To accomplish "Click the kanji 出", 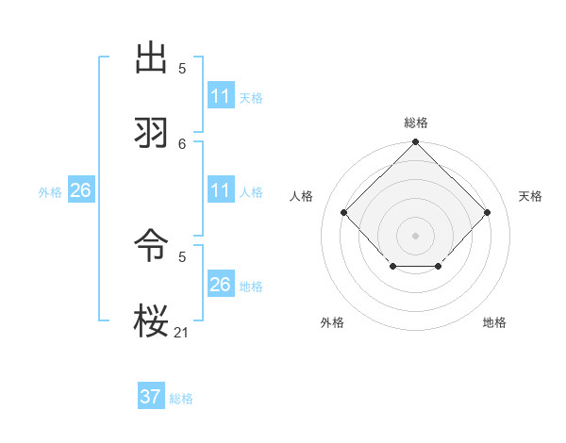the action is click(x=153, y=59).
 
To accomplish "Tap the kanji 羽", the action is click(x=153, y=133).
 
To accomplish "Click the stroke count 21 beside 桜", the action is click(x=182, y=332).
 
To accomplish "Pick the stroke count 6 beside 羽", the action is click(x=182, y=143).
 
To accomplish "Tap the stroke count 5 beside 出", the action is click(x=182, y=68).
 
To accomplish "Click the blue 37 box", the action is click(x=151, y=397).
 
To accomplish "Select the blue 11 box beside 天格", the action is click(x=221, y=96).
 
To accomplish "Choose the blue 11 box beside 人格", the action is click(x=221, y=190).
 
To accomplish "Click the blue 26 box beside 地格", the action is click(x=221, y=285).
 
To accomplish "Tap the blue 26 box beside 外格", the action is click(x=80, y=190).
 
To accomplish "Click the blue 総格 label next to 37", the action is click(x=181, y=399).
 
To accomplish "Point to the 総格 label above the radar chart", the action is click(x=416, y=123).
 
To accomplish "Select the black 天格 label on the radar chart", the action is click(x=531, y=196).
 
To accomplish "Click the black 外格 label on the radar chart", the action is click(x=332, y=323).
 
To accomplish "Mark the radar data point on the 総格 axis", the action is click(x=416, y=143).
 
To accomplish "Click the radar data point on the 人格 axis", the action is click(x=344, y=213).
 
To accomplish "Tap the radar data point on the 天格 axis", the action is click(x=487, y=213).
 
